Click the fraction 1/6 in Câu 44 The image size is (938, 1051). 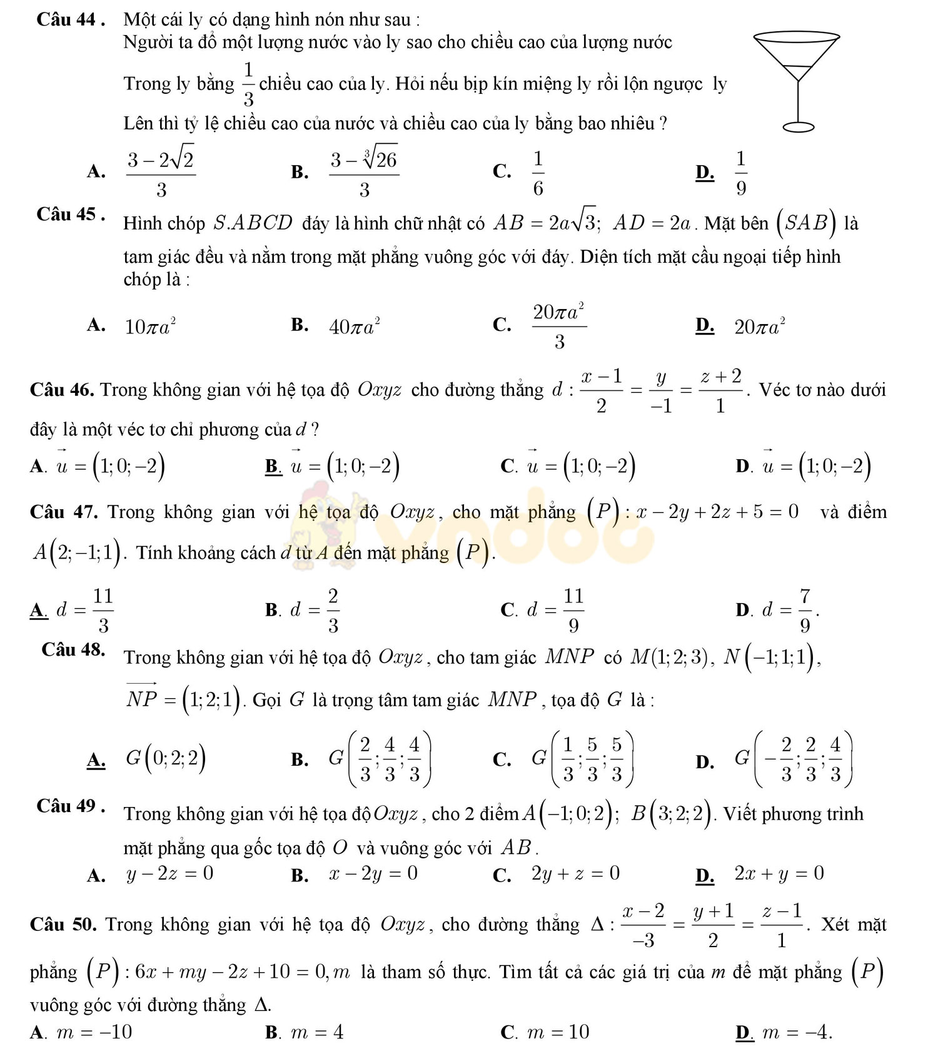538,172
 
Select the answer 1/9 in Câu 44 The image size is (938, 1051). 740,172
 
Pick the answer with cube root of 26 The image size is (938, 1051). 365,172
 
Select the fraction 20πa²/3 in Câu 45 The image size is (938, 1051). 559,324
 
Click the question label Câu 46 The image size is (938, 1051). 63,390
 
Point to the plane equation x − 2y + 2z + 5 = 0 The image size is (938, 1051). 717,512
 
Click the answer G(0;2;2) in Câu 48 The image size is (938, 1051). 166,758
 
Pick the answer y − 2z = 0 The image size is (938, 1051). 169,873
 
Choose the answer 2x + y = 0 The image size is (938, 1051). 779,873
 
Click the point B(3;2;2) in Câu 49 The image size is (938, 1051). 674,813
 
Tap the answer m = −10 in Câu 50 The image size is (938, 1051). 94,1032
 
